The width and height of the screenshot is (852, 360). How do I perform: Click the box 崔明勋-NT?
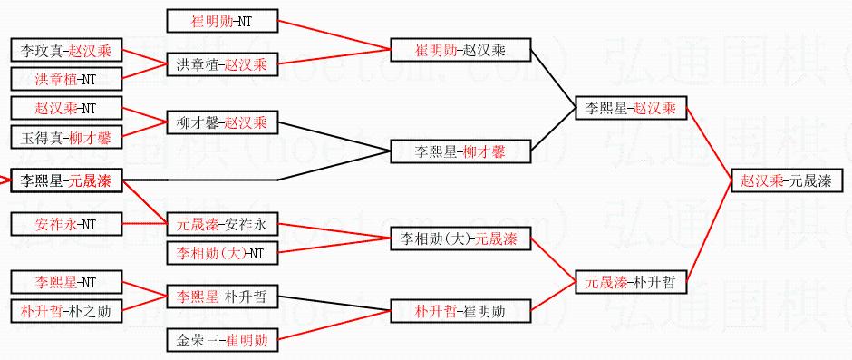click(x=223, y=21)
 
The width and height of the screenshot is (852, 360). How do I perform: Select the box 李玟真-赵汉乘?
click(x=66, y=51)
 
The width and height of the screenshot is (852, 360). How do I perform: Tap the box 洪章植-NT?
click(x=66, y=79)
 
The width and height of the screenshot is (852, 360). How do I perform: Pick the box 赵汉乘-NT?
click(x=66, y=109)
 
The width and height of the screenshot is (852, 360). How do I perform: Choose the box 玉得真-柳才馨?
click(x=66, y=138)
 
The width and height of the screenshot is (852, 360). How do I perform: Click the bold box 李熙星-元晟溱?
click(x=66, y=180)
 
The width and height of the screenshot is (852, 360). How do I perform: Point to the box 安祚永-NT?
click(x=66, y=224)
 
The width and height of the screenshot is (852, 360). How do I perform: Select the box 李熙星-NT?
click(x=66, y=282)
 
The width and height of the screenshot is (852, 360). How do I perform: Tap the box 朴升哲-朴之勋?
click(x=66, y=311)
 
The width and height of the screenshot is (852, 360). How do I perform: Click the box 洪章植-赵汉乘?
click(x=223, y=64)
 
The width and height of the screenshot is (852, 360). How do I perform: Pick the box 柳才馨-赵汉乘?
click(x=223, y=122)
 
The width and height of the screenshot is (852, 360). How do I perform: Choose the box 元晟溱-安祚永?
click(x=223, y=223)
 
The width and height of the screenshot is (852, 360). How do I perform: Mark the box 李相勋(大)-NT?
click(x=223, y=252)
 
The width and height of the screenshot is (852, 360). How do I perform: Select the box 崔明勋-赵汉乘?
click(x=460, y=50)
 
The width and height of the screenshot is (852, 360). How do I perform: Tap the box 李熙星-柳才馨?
click(x=460, y=151)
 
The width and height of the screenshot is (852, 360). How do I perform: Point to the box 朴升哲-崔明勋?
click(x=460, y=311)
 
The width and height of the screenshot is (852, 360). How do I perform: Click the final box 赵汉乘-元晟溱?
click(x=787, y=180)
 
